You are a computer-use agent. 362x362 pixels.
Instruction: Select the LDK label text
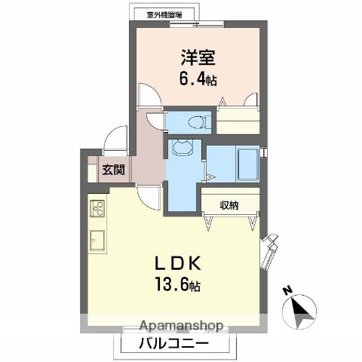178,265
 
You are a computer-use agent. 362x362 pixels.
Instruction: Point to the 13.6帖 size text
179,286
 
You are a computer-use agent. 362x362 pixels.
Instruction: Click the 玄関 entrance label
115,170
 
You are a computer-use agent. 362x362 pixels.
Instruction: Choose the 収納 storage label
230,204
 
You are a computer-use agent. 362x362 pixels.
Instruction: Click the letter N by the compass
287,290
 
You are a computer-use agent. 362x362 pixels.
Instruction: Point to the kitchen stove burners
98,207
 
